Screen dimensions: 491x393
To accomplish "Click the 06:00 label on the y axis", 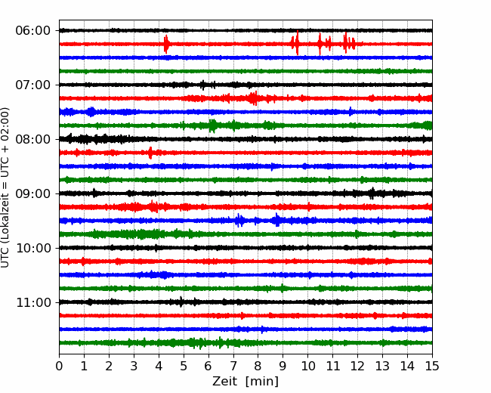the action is coord(33,31).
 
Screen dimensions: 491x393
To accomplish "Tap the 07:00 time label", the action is coord(33,85).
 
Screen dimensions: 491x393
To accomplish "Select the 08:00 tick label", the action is coord(33,140).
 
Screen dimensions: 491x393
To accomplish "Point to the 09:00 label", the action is coord(33,193).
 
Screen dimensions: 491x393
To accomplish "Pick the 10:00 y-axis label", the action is coord(33,248).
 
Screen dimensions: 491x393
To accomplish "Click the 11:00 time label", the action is coord(33,303).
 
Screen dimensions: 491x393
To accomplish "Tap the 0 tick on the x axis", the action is coord(59,366).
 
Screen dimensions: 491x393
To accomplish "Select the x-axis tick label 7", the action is coord(233,366).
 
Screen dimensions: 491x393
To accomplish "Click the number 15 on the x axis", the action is coord(432,366).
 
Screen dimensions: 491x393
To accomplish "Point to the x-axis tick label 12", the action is coord(357,366).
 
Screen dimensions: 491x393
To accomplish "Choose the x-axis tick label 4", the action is coord(159,366).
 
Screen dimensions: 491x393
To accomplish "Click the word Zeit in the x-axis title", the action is coord(224,382).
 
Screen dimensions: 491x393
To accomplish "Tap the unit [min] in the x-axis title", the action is coord(262,382).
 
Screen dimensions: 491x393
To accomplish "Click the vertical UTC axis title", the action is coord(5,187).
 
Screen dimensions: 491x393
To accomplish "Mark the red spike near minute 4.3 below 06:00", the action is coord(166,44).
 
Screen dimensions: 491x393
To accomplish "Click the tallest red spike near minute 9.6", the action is coord(297,43).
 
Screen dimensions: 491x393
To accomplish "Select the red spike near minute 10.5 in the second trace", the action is coord(320,44).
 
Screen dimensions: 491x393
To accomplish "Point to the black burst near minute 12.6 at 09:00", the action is coord(372,193).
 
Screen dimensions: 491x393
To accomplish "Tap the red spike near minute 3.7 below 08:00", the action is coord(150,153).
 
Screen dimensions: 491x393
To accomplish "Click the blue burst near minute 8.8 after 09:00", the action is coord(276,220).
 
